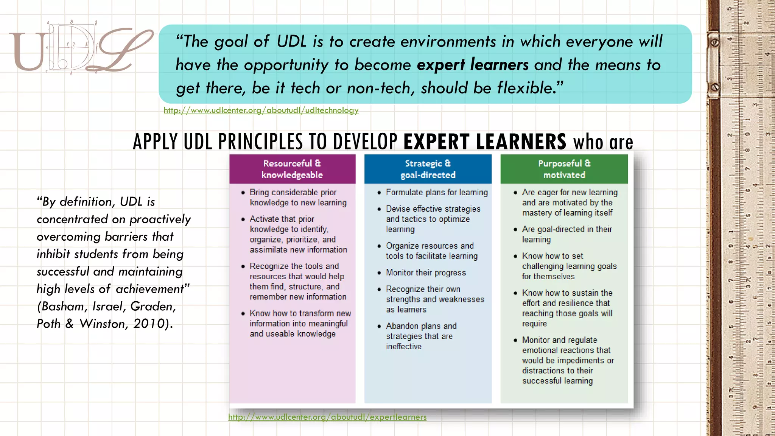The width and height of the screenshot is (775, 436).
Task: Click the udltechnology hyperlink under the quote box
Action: (261, 111)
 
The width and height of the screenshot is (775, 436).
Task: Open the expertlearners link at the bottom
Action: (327, 417)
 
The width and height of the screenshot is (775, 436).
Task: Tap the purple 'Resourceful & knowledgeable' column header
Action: (292, 169)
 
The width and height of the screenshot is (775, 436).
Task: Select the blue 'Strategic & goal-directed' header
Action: (428, 169)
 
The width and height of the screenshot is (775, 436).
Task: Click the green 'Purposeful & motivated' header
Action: (564, 169)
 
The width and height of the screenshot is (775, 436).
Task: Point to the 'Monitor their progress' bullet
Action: (426, 272)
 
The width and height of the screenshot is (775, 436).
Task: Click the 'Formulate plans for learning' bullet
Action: (437, 192)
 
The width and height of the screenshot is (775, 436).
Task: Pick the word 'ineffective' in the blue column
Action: (403, 346)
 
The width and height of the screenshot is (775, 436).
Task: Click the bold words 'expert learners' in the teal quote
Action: (473, 65)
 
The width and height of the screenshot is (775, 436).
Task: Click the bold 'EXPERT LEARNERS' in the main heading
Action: (485, 142)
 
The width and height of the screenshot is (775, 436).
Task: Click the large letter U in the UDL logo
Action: (28, 51)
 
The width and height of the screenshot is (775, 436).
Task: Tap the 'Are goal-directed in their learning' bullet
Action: (567, 234)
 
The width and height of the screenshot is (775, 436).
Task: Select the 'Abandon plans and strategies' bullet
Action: (421, 331)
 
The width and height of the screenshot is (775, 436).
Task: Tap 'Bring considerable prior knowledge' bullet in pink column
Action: (298, 197)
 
